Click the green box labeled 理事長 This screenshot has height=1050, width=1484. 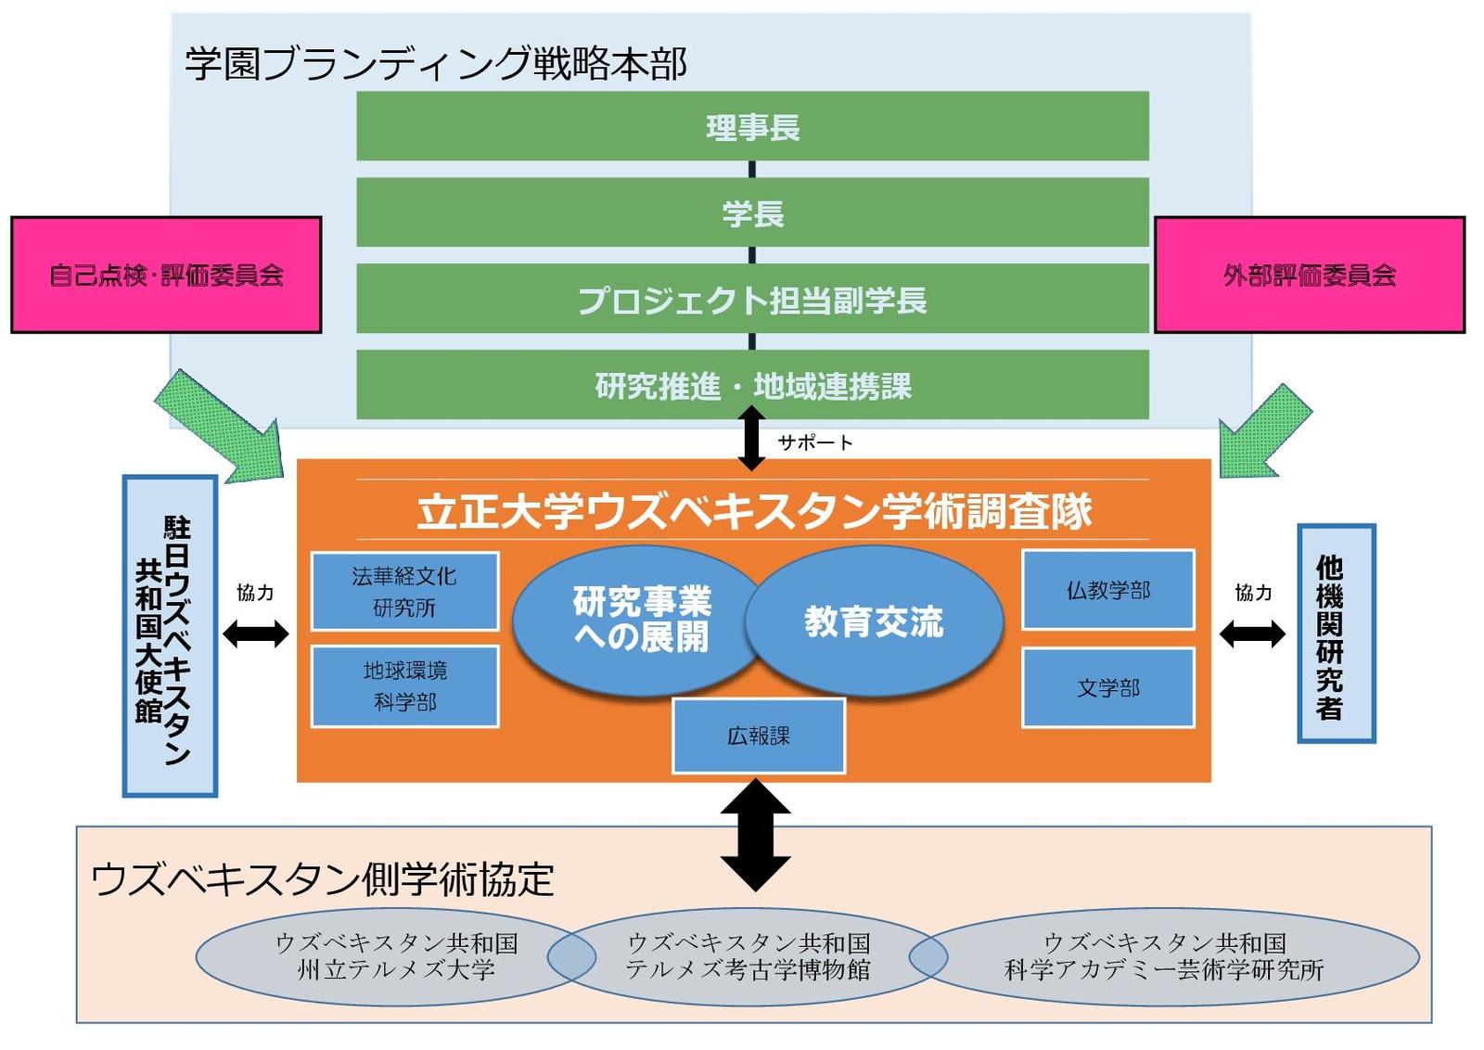[x=752, y=126]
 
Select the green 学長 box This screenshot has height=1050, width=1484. [x=752, y=212]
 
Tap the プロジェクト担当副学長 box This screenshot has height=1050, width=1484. [x=752, y=298]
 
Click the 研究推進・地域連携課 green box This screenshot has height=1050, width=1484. [x=752, y=385]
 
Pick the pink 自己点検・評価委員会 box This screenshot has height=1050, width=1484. [x=166, y=275]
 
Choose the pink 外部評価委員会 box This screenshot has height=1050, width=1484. [x=1310, y=275]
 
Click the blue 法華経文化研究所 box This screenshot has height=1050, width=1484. [x=404, y=592]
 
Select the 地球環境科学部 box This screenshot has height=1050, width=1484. [x=404, y=687]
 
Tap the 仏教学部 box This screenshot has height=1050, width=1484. [x=1108, y=590]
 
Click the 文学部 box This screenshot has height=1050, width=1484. [x=1108, y=688]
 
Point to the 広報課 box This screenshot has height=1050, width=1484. [x=759, y=736]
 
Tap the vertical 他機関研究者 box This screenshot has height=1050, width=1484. [x=1336, y=634]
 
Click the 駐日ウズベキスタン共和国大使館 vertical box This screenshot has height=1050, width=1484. [x=171, y=636]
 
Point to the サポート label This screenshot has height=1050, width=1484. [x=815, y=442]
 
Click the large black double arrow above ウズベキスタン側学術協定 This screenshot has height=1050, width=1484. [x=755, y=835]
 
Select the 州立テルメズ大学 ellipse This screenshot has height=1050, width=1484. [x=395, y=957]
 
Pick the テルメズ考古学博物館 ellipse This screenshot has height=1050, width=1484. [x=748, y=957]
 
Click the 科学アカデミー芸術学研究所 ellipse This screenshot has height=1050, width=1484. [x=1164, y=957]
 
